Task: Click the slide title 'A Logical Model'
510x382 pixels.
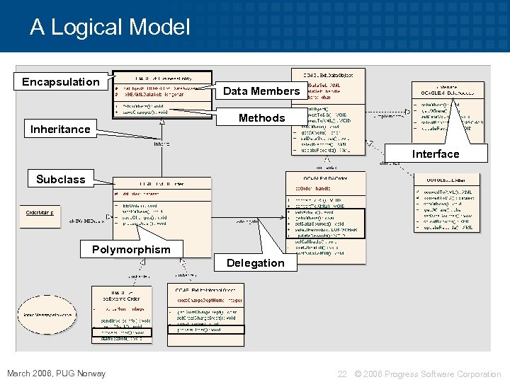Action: [x=110, y=28]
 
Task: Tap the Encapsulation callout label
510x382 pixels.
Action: [x=61, y=82]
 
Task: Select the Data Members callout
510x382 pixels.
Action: [x=261, y=91]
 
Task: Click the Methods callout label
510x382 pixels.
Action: [x=261, y=117]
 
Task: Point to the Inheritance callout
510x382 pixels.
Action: [x=60, y=129]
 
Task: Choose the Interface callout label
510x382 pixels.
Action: [x=436, y=154]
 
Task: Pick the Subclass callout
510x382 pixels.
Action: [x=61, y=179]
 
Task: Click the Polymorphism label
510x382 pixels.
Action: [x=131, y=249]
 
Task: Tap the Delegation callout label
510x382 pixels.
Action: [x=255, y=262]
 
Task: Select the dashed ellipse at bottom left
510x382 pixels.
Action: [x=49, y=313]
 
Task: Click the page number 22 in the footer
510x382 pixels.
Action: [x=342, y=374]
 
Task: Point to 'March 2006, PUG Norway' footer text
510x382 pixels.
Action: [x=56, y=374]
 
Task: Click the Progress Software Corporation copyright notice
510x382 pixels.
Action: [x=427, y=374]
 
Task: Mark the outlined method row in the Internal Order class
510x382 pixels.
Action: [x=205, y=330]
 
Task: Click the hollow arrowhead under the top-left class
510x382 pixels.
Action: [x=162, y=122]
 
